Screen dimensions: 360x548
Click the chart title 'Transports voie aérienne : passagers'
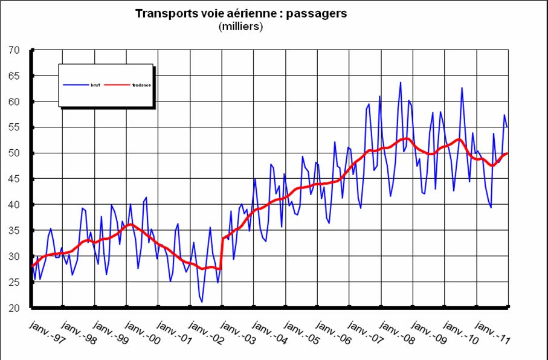(240, 14)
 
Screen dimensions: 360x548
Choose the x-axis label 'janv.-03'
(236, 333)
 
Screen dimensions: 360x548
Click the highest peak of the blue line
(400, 82)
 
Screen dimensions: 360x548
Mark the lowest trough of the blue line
(202, 302)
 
